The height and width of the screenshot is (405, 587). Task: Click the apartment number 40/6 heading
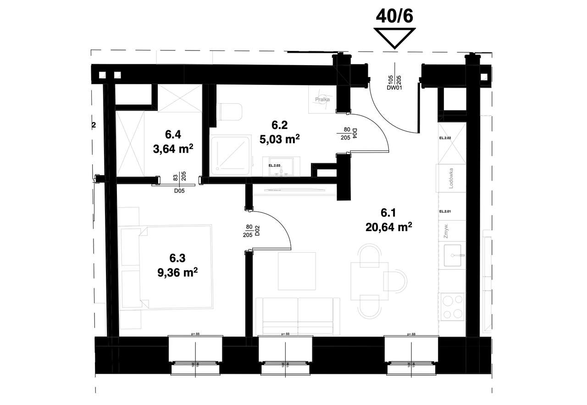pyautogui.click(x=394, y=16)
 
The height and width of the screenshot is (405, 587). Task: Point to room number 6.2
pyautogui.click(x=279, y=125)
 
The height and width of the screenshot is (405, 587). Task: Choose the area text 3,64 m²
pyautogui.click(x=172, y=148)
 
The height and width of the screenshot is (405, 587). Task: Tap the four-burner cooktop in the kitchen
pyautogui.click(x=452, y=307)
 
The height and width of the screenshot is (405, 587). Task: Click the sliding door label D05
pyautogui.click(x=179, y=192)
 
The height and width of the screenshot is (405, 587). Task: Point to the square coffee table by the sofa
pyautogui.click(x=297, y=271)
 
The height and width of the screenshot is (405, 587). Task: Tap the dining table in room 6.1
pyautogui.click(x=369, y=281)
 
